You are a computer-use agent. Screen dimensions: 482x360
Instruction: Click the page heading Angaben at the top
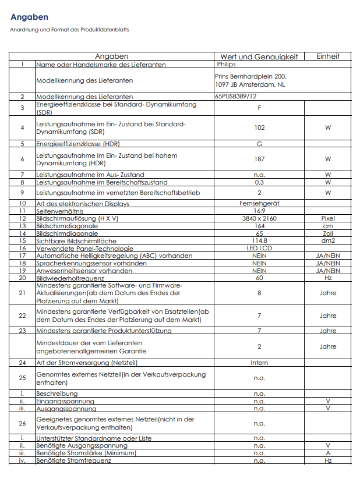coord(29,17)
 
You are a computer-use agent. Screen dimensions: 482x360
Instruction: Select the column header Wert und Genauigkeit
coord(259,56)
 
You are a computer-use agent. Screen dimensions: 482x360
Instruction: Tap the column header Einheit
coord(328,56)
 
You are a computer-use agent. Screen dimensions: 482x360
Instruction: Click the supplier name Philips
coord(226,64)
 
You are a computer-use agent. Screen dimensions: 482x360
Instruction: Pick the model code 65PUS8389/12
coord(235,96)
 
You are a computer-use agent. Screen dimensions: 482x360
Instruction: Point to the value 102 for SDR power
coord(259,127)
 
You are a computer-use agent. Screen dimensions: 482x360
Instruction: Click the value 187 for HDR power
coord(259,159)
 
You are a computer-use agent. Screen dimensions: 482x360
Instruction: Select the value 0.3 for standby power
coord(259,182)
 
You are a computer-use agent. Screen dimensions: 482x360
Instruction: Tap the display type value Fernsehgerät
coord(259,204)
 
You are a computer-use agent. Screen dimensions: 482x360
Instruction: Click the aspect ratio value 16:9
coord(259,211)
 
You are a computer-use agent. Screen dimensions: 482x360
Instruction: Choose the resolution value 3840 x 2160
coord(259,218)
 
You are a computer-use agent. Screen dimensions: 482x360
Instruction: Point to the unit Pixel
coord(328,218)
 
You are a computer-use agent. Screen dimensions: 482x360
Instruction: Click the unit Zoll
coord(328,233)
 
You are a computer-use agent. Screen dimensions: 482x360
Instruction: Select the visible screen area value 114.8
coord(259,240)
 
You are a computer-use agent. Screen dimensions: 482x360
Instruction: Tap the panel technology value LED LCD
coord(259,248)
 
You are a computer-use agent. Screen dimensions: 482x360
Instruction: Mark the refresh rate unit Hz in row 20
coord(328,278)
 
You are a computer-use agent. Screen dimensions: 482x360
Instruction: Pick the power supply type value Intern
coord(259,363)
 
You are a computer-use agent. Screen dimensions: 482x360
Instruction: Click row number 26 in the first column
coord(22,423)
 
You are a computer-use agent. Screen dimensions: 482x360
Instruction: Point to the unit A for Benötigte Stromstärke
coord(328,453)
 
